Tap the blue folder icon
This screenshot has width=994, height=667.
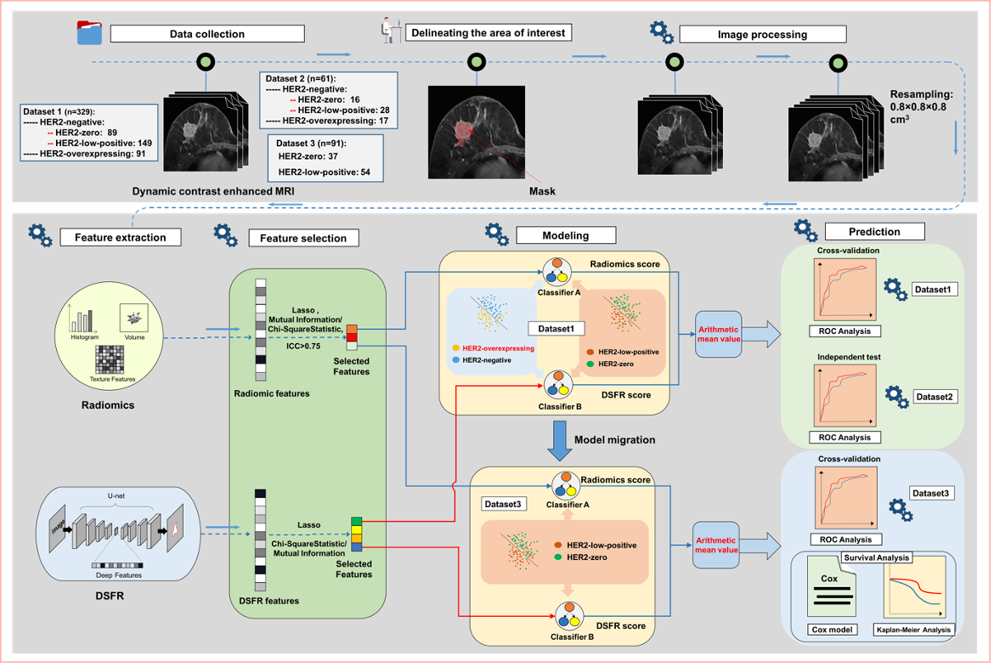(88, 33)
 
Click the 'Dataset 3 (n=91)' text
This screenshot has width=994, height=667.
(312, 142)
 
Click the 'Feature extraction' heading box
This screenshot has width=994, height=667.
(120, 237)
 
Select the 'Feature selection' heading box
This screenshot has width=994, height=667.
(302, 238)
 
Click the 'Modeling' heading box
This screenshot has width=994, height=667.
(565, 235)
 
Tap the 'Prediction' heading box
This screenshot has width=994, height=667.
(874, 231)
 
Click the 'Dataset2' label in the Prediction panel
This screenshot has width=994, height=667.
(936, 396)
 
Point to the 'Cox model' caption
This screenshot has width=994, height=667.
(827, 630)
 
